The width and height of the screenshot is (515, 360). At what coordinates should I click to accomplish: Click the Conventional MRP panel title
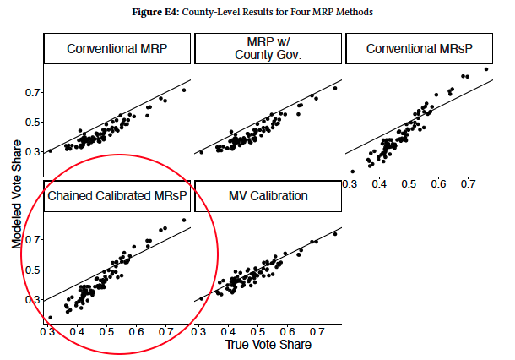pos(117,49)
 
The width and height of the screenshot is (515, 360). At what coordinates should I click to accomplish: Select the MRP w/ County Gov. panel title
pos(268,49)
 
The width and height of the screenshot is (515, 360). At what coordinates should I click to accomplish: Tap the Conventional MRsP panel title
pos(420,49)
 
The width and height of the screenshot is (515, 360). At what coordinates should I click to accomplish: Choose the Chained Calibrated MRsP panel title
pos(117,197)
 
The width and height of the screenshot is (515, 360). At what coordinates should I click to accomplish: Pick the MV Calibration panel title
pos(268,197)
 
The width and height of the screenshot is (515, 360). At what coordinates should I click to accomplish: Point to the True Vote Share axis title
pos(269,346)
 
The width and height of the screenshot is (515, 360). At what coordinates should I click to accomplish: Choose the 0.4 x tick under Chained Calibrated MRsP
pos(77,334)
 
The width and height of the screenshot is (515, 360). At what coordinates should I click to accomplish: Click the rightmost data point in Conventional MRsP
pos(486,69)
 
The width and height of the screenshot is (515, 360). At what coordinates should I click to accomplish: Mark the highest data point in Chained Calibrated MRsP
pos(183,221)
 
